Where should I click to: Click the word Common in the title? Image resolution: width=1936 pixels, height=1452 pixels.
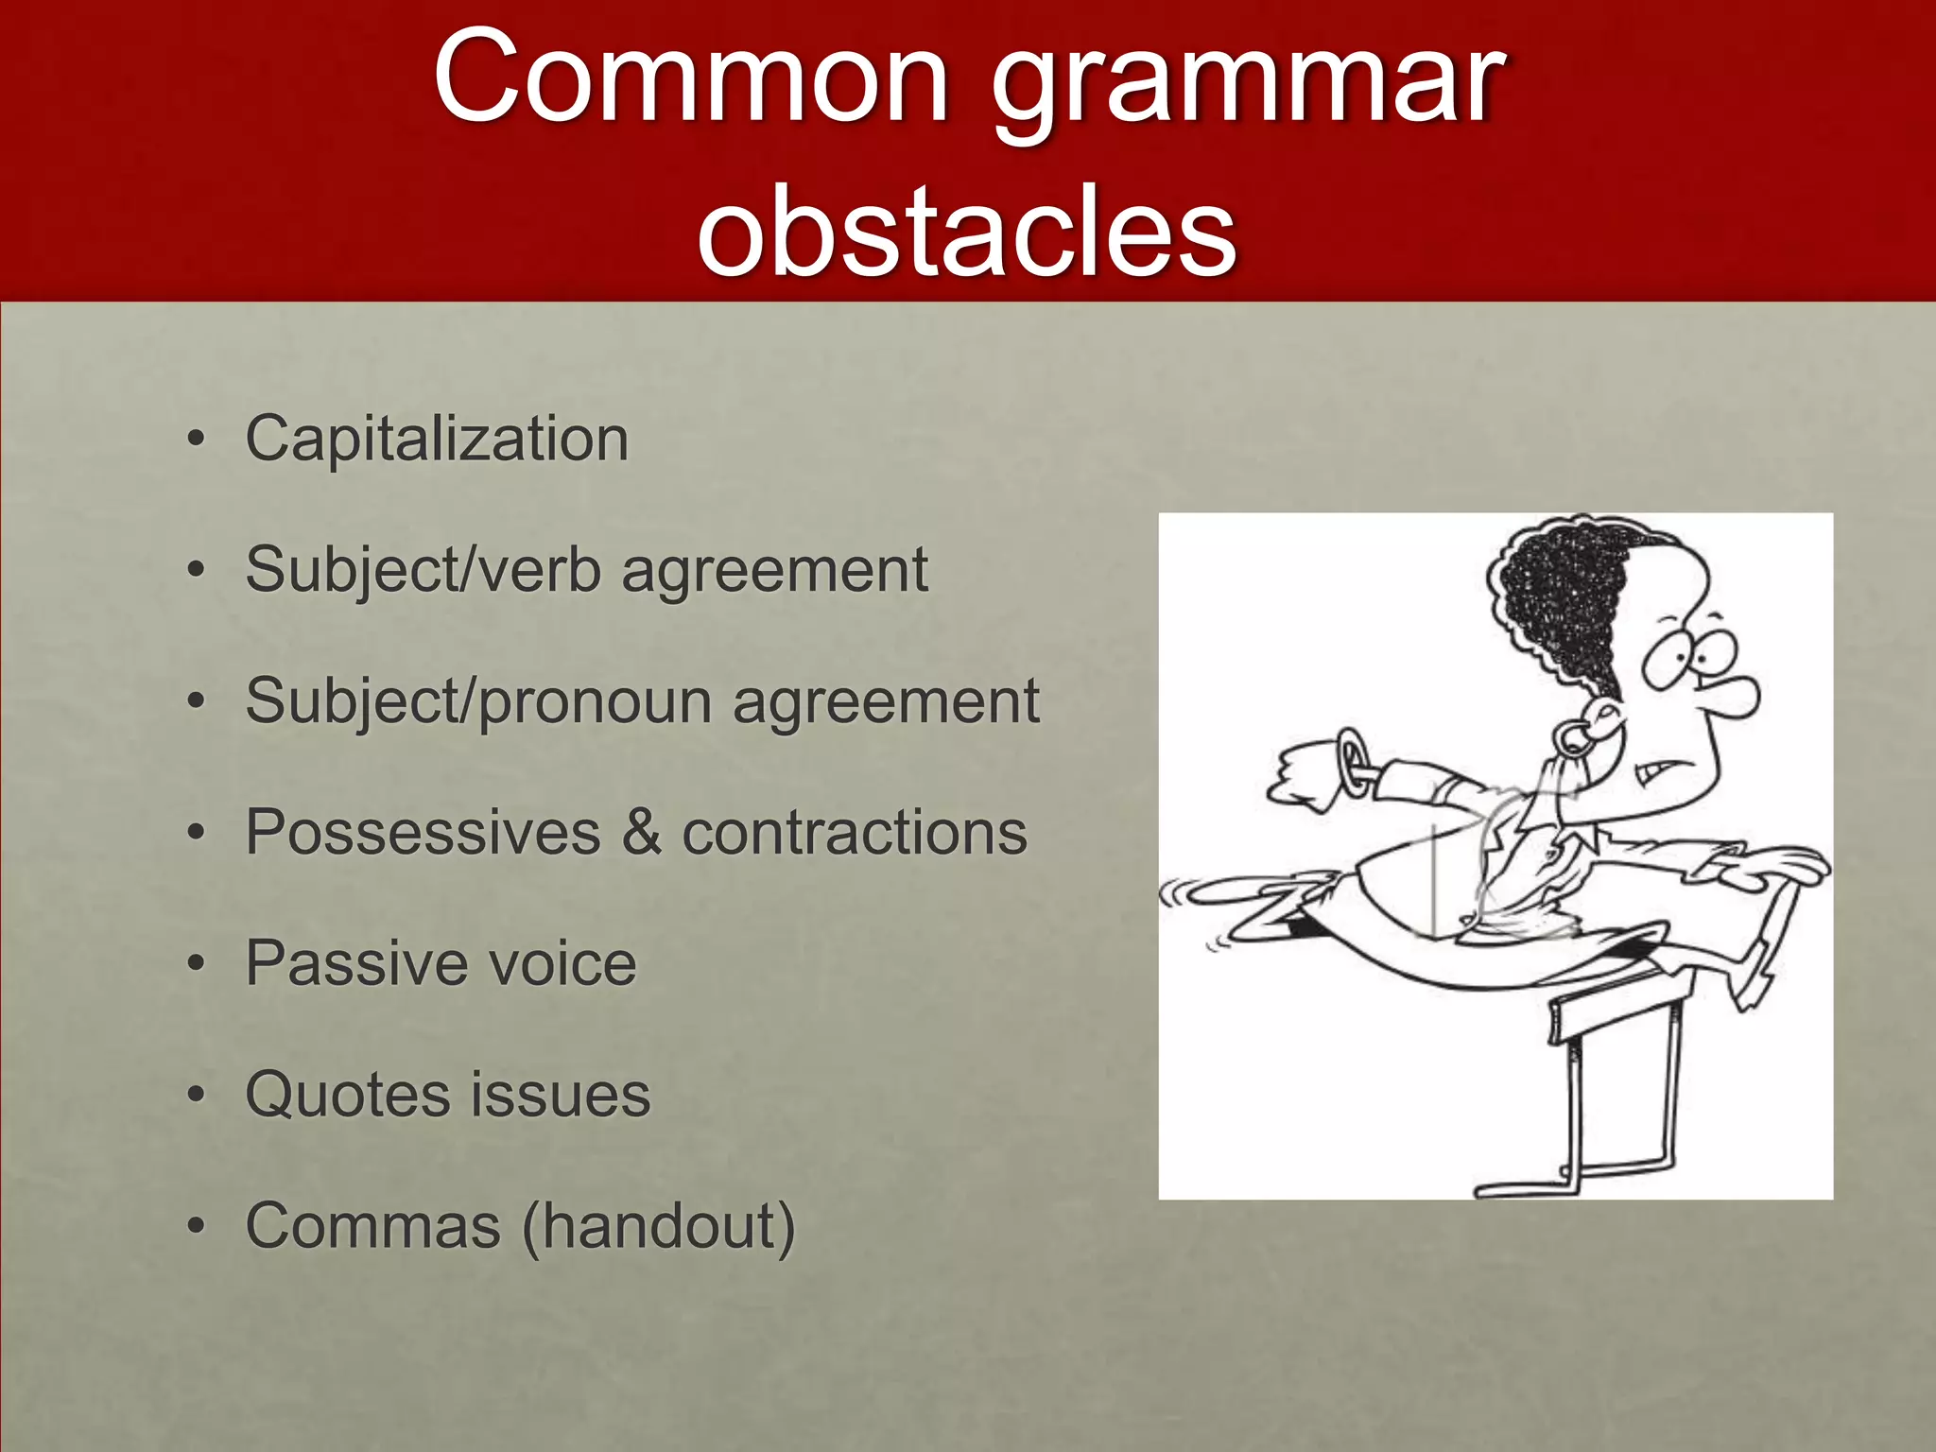691,78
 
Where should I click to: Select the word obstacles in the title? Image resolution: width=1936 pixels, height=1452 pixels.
966,233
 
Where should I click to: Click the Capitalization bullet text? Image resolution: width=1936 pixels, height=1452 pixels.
437,440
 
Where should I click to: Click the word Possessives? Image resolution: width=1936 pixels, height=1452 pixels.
423,833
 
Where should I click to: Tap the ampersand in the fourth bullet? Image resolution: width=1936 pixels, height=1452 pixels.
642,833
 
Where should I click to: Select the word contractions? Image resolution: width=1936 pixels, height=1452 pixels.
855,833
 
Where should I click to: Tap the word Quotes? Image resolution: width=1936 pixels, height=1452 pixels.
348,1095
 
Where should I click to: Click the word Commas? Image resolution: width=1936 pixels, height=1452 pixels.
372,1226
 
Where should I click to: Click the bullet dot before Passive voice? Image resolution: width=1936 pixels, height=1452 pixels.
196,965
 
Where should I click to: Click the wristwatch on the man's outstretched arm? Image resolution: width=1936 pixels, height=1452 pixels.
1355,762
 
